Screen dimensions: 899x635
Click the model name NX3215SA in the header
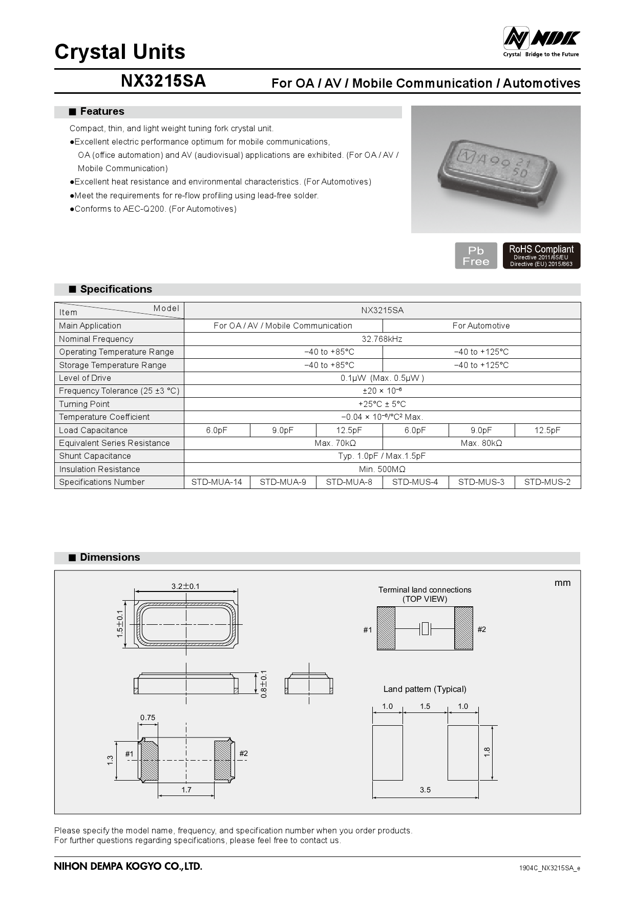tap(163, 81)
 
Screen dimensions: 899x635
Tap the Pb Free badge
tap(476, 256)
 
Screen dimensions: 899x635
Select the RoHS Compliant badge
tap(541, 256)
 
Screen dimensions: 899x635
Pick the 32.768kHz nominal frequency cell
tap(382, 339)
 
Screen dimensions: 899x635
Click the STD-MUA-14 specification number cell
tap(217, 482)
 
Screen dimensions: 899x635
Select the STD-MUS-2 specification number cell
tap(547, 482)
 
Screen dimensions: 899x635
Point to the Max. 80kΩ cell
tap(481, 443)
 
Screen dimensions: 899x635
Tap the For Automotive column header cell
tap(481, 326)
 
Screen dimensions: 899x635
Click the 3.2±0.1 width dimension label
tap(185, 586)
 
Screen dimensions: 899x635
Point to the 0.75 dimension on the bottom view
tap(147, 718)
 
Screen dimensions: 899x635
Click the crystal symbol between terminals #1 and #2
tap(425, 628)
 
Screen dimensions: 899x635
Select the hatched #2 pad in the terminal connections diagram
tap(463, 628)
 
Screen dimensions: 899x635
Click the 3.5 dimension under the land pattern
tap(425, 790)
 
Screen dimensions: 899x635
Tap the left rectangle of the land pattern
tap(388, 752)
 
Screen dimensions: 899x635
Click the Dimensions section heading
tap(110, 558)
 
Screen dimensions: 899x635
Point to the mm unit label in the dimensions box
tap(562, 583)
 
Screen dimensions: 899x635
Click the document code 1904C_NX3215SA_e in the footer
tap(549, 868)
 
